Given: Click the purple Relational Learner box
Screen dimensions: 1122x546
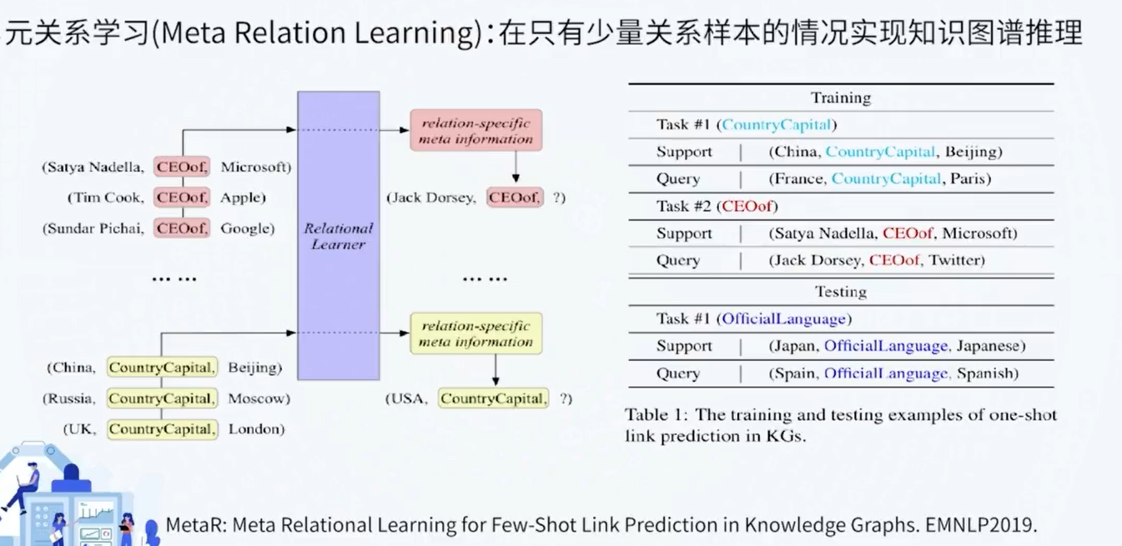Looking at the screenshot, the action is (339, 236).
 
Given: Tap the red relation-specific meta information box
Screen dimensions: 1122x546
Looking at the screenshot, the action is (475, 130).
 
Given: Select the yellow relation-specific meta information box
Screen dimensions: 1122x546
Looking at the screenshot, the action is (475, 333).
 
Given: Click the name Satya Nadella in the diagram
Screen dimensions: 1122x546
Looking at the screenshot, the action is (95, 168).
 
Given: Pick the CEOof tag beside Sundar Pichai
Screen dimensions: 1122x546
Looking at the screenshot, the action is (181, 228).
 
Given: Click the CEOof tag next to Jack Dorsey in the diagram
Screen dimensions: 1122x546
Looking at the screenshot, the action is (515, 198).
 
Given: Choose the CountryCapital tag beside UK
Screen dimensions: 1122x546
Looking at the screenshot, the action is (163, 429).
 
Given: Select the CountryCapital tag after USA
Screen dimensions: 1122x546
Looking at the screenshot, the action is (493, 398).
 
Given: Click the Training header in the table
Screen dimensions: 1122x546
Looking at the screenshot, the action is (841, 98).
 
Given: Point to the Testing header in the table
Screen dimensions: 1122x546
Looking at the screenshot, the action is (841, 291).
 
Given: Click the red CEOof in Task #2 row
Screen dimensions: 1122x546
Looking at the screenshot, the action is (747, 206).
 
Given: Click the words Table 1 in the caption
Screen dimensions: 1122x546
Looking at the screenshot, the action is (656, 415).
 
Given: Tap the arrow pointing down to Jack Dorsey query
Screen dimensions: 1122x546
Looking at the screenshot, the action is (516, 166).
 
